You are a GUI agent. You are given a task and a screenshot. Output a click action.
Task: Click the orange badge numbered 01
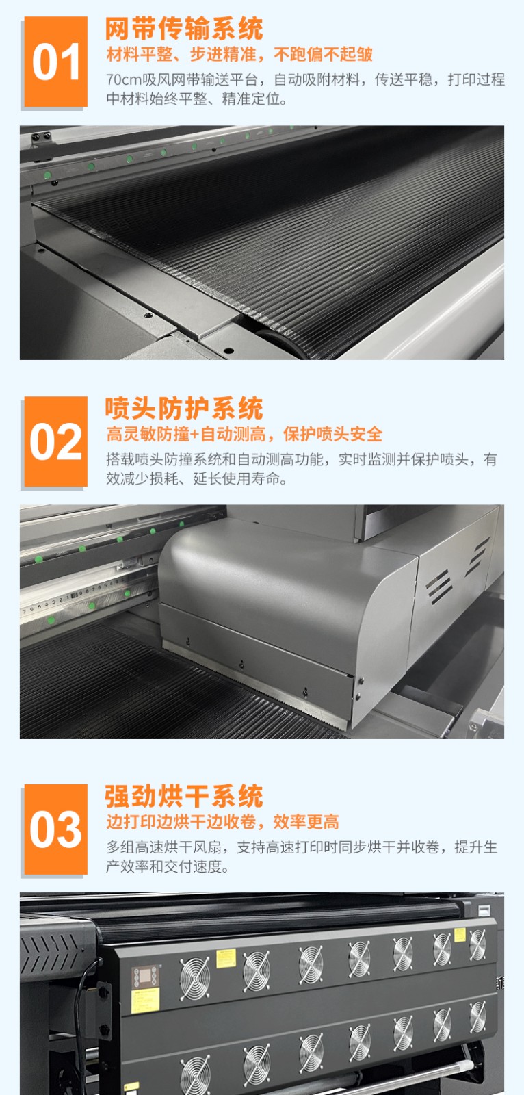55,62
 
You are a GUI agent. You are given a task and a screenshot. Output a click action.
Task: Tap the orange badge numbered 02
55,441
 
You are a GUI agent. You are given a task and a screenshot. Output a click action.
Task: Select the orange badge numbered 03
55,829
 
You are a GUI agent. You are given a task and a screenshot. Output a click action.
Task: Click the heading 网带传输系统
184,28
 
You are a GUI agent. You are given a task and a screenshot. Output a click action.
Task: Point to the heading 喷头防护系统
184,408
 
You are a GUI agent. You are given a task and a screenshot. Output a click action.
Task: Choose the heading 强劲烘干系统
184,797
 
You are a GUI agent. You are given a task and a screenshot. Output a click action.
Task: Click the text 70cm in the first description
124,79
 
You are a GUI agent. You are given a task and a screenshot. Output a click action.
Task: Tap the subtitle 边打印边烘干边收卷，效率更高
223,822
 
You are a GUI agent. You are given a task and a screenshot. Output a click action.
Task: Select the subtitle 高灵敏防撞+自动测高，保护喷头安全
244,434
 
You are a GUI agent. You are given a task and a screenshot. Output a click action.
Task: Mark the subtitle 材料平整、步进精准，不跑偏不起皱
239,54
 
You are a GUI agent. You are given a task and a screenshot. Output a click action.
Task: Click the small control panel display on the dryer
145,976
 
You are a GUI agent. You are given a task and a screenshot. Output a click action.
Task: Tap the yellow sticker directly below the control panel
145,1000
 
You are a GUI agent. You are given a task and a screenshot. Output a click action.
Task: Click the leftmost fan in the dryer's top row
194,978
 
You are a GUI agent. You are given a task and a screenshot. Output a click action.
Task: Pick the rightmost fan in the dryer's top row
477,944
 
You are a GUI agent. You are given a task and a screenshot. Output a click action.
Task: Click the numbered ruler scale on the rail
73,597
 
